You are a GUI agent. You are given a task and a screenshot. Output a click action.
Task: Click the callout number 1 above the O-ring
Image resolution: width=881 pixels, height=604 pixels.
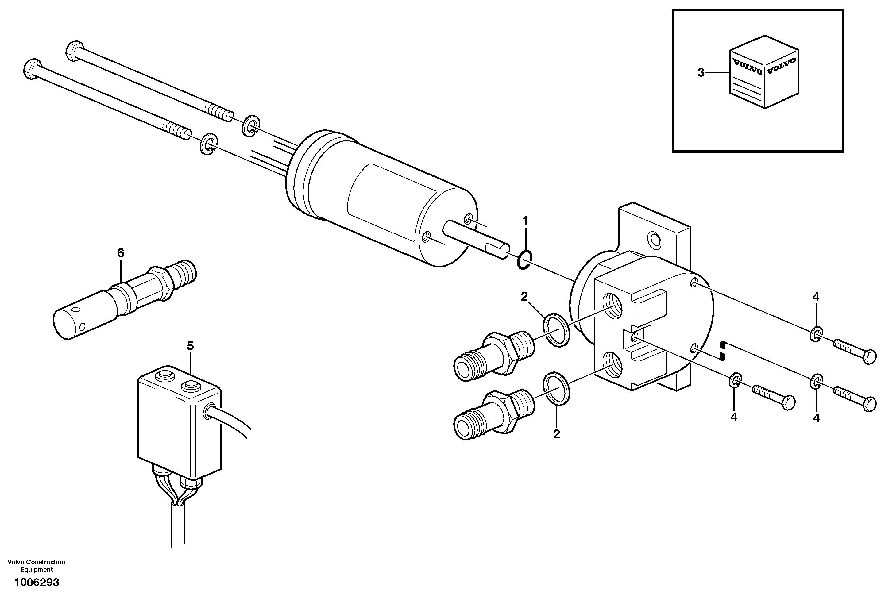525,221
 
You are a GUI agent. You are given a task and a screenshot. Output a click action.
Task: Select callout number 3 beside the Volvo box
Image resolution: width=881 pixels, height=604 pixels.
701,72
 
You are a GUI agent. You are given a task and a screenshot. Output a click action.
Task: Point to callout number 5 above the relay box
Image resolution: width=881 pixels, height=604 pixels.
190,346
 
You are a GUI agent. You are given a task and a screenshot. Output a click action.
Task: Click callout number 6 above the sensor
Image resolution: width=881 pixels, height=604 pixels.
121,253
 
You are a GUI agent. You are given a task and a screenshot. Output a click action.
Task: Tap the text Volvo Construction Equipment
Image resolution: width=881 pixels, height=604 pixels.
37,566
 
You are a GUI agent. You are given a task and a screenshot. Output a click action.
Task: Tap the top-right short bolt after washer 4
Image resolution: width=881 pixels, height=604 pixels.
855,351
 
